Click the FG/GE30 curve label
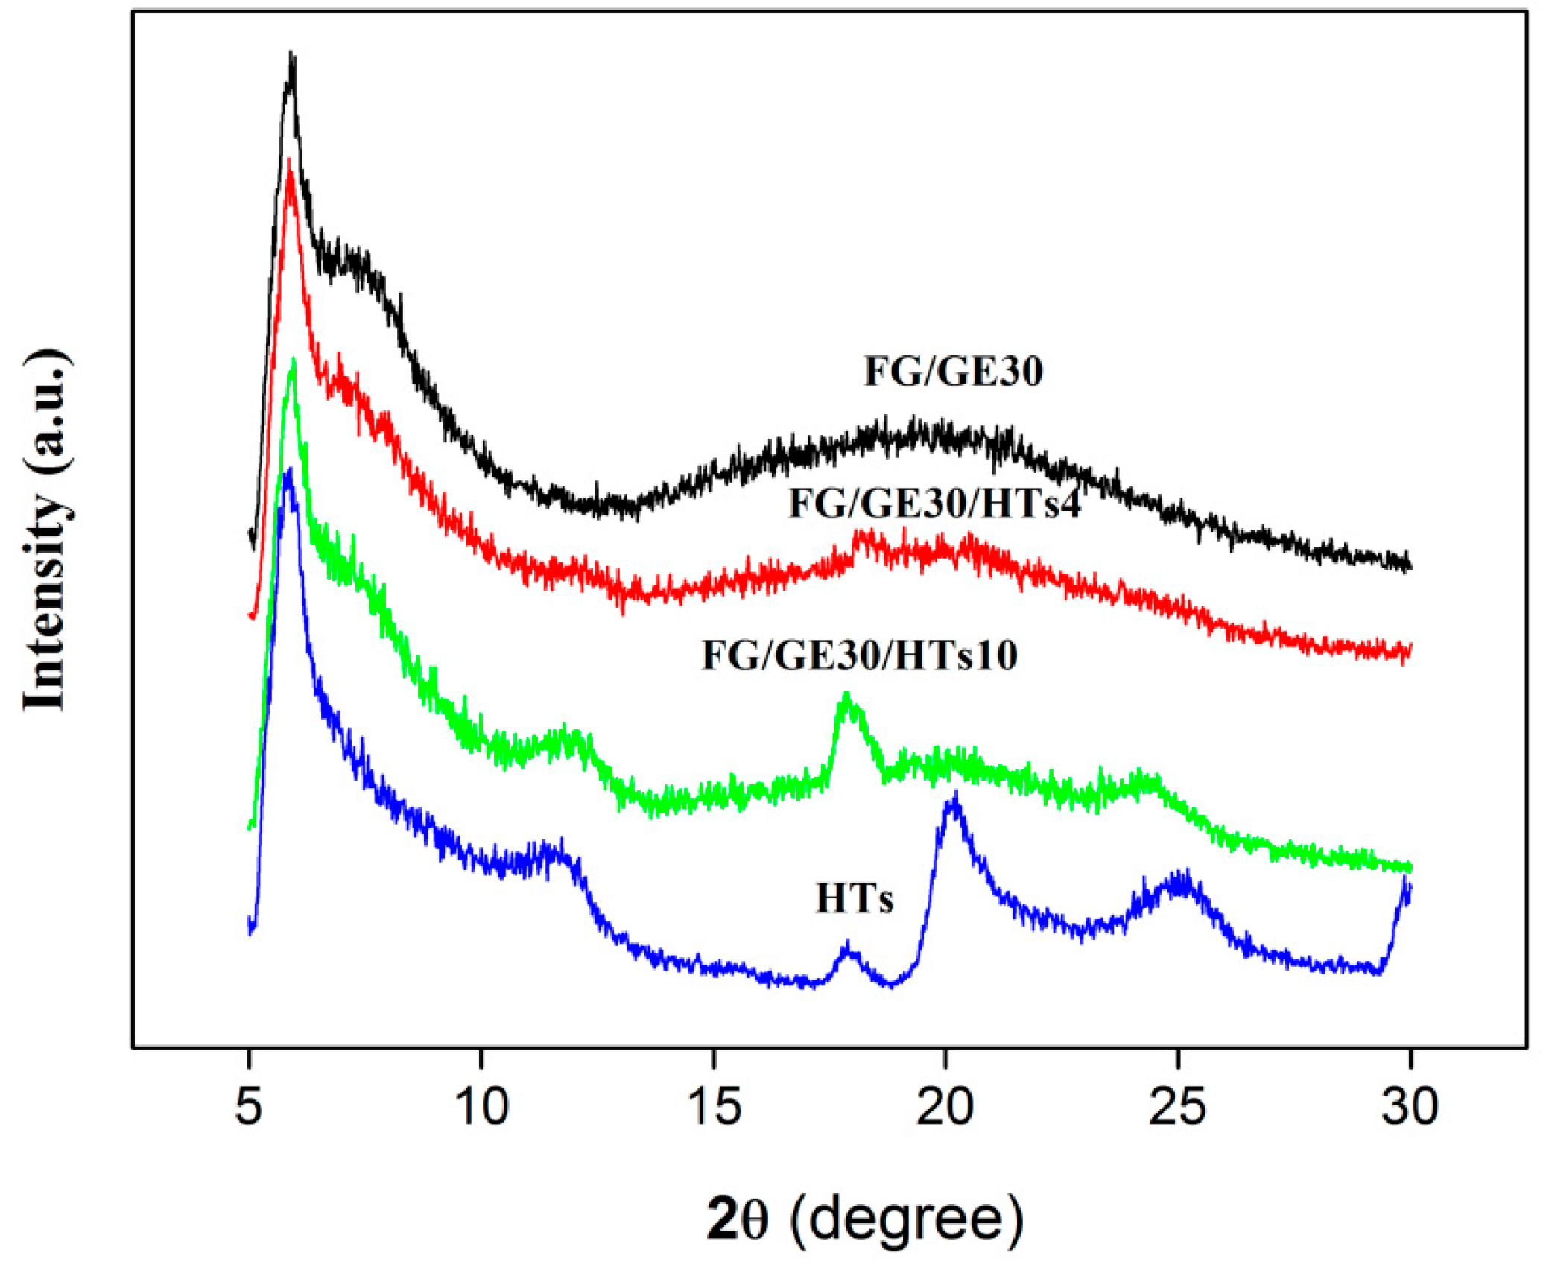(x=953, y=371)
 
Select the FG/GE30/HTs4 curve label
(x=934, y=504)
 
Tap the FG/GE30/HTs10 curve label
(x=859, y=655)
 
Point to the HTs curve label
(x=855, y=898)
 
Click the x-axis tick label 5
(x=249, y=1106)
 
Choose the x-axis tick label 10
(x=481, y=1106)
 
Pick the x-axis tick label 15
(x=714, y=1106)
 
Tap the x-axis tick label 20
(x=945, y=1106)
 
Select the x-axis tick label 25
(x=1177, y=1106)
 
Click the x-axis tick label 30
(x=1410, y=1106)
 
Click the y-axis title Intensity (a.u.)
(x=46, y=530)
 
